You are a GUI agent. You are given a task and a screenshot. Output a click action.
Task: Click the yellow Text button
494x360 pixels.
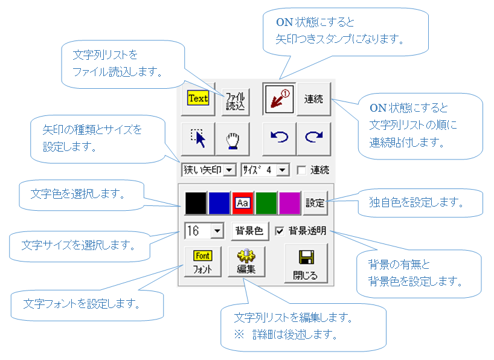(197, 98)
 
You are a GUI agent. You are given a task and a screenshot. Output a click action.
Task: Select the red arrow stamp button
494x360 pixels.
(279, 98)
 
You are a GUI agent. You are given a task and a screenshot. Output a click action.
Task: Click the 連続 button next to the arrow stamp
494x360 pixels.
(313, 98)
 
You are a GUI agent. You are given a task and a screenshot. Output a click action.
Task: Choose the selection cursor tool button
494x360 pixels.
(197, 138)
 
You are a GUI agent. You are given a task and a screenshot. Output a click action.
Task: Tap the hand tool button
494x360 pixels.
(232, 138)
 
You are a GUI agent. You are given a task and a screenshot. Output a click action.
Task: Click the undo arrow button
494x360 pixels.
(279, 138)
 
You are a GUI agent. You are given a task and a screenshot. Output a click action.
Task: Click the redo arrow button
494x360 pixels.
(313, 138)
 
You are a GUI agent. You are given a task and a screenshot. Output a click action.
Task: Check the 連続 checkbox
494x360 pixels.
(301, 170)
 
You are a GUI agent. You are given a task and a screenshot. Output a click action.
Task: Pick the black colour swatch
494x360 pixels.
(196, 204)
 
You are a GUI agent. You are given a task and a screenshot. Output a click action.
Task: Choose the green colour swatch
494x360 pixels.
(266, 204)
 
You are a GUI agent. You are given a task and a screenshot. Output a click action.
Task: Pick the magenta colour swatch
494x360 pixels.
(289, 204)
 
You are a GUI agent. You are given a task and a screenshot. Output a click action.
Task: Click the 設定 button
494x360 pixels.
(314, 204)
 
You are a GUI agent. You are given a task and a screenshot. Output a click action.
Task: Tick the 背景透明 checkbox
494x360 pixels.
(280, 230)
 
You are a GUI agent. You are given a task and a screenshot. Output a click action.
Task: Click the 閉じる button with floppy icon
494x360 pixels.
(306, 264)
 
